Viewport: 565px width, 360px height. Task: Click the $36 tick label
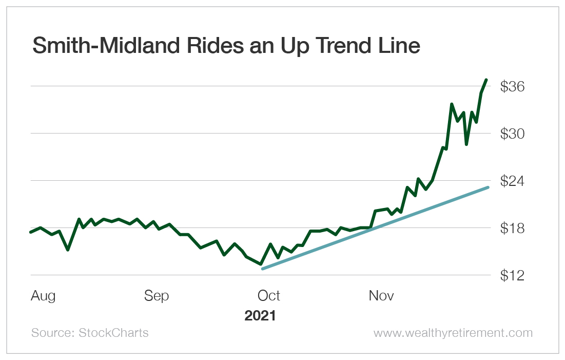pos(512,87)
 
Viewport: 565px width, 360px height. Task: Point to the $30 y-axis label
pos(512,134)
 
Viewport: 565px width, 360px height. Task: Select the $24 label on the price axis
pos(512,181)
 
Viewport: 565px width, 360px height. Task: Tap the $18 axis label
pos(512,229)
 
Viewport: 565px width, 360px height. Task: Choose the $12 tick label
pos(512,276)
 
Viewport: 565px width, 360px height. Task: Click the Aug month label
pos(43,296)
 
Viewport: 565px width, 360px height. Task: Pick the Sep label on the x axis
pos(156,296)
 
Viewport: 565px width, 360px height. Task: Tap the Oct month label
pos(268,296)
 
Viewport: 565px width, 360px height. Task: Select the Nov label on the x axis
pos(381,296)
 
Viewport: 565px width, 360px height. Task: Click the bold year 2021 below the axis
pos(260,315)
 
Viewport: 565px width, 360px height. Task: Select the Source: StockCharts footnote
pos(90,333)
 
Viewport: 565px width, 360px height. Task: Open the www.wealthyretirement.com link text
pos(453,333)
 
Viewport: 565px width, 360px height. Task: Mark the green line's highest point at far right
pos(486,80)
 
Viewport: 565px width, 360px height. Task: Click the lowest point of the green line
pos(261,264)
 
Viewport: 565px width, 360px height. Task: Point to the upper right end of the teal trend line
pos(488,187)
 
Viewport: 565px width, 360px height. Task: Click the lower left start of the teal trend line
pos(263,269)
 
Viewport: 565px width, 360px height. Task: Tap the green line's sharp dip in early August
pos(68,250)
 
